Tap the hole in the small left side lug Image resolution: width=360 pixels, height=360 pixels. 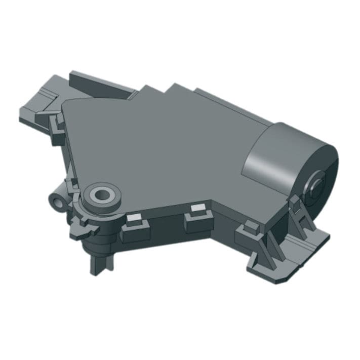57,202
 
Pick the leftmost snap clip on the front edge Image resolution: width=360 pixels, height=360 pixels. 136,226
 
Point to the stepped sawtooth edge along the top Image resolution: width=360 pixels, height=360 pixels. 167,91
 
